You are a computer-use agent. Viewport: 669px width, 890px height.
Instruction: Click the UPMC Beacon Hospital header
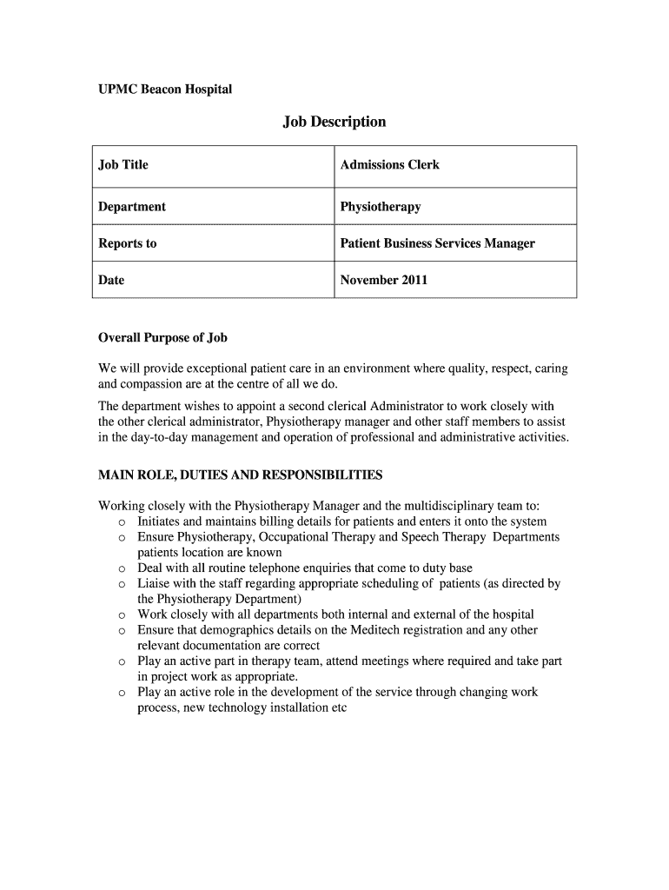[165, 90]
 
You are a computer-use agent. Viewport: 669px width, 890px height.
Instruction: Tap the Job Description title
[334, 122]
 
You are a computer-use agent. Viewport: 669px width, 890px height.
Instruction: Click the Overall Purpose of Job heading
[162, 337]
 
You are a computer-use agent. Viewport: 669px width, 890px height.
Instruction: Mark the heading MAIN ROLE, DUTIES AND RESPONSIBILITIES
[240, 475]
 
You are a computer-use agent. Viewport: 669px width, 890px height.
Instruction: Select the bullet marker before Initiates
[122, 522]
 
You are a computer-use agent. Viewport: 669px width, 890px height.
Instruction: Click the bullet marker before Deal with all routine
[122, 569]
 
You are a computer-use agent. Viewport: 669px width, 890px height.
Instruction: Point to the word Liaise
[154, 584]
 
